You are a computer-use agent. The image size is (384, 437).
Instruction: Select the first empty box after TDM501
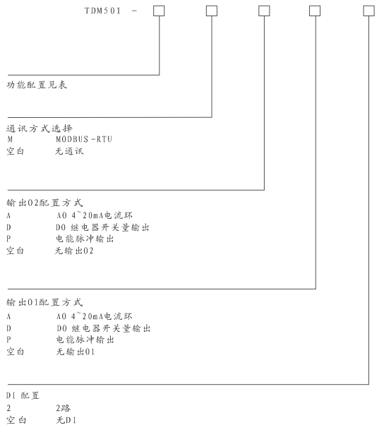click(159, 11)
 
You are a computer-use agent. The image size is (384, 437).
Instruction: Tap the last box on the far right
click(368, 11)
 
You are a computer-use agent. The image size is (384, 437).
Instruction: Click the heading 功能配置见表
click(37, 85)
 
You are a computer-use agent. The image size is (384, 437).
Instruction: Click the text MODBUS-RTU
click(84, 139)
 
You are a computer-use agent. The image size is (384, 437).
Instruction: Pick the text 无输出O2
click(74, 251)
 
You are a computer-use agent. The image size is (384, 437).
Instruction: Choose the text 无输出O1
click(74, 351)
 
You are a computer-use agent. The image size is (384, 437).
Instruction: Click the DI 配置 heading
click(28, 397)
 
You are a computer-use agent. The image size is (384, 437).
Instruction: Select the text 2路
click(64, 409)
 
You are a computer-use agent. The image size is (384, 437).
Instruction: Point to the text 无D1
click(66, 420)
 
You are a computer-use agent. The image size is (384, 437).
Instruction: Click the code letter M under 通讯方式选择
click(10, 139)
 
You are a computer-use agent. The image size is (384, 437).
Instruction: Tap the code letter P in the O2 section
click(8, 239)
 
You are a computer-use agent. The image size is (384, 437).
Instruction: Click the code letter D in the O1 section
click(9, 328)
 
